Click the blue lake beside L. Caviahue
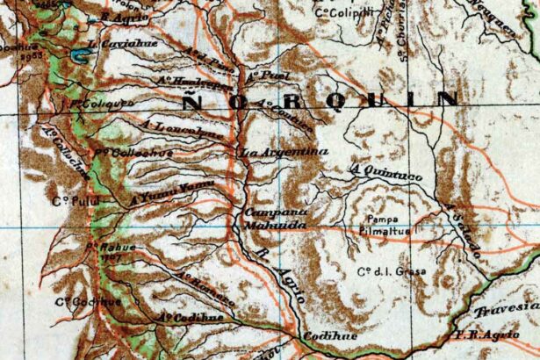click(81, 57)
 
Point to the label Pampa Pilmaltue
click(390, 224)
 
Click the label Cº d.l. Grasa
click(392, 271)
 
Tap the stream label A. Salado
click(463, 230)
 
